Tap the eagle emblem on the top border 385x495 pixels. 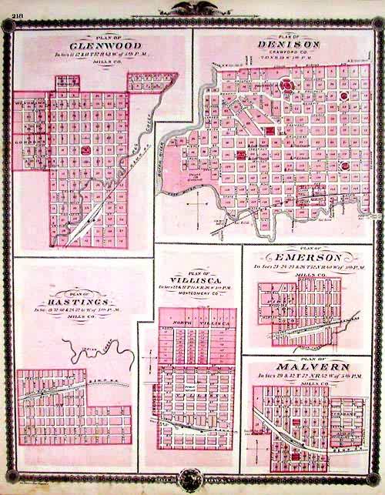192,9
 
